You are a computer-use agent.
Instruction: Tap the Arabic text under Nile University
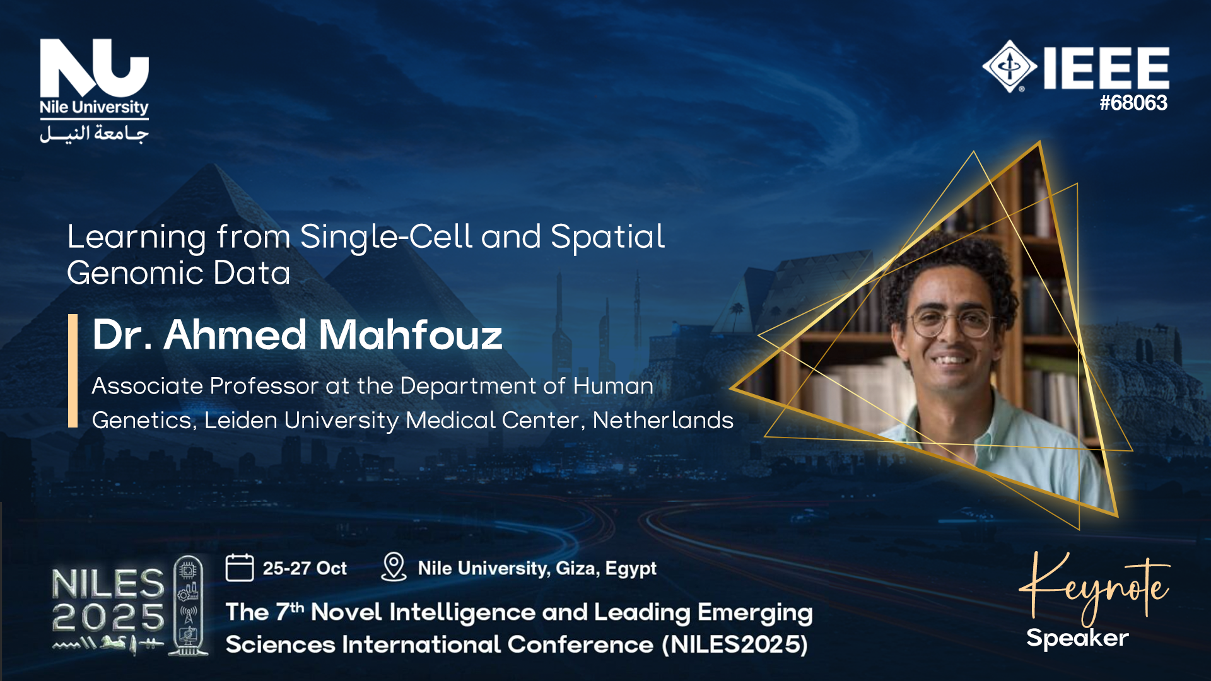(x=95, y=134)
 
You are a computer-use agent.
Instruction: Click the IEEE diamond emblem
(x=1009, y=66)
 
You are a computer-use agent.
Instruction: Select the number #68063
(x=1133, y=103)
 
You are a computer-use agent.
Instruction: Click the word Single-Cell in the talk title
(x=386, y=238)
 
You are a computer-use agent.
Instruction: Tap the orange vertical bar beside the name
(x=73, y=371)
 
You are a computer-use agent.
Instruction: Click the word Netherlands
(x=663, y=420)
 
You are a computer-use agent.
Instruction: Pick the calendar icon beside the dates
(x=240, y=567)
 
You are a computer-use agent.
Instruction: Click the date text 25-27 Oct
(x=305, y=568)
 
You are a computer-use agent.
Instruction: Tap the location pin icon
(x=394, y=567)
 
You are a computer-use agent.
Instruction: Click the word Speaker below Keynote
(x=1077, y=638)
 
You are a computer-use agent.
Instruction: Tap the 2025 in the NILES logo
(x=108, y=617)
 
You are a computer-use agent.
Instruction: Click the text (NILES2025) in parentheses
(x=735, y=644)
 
